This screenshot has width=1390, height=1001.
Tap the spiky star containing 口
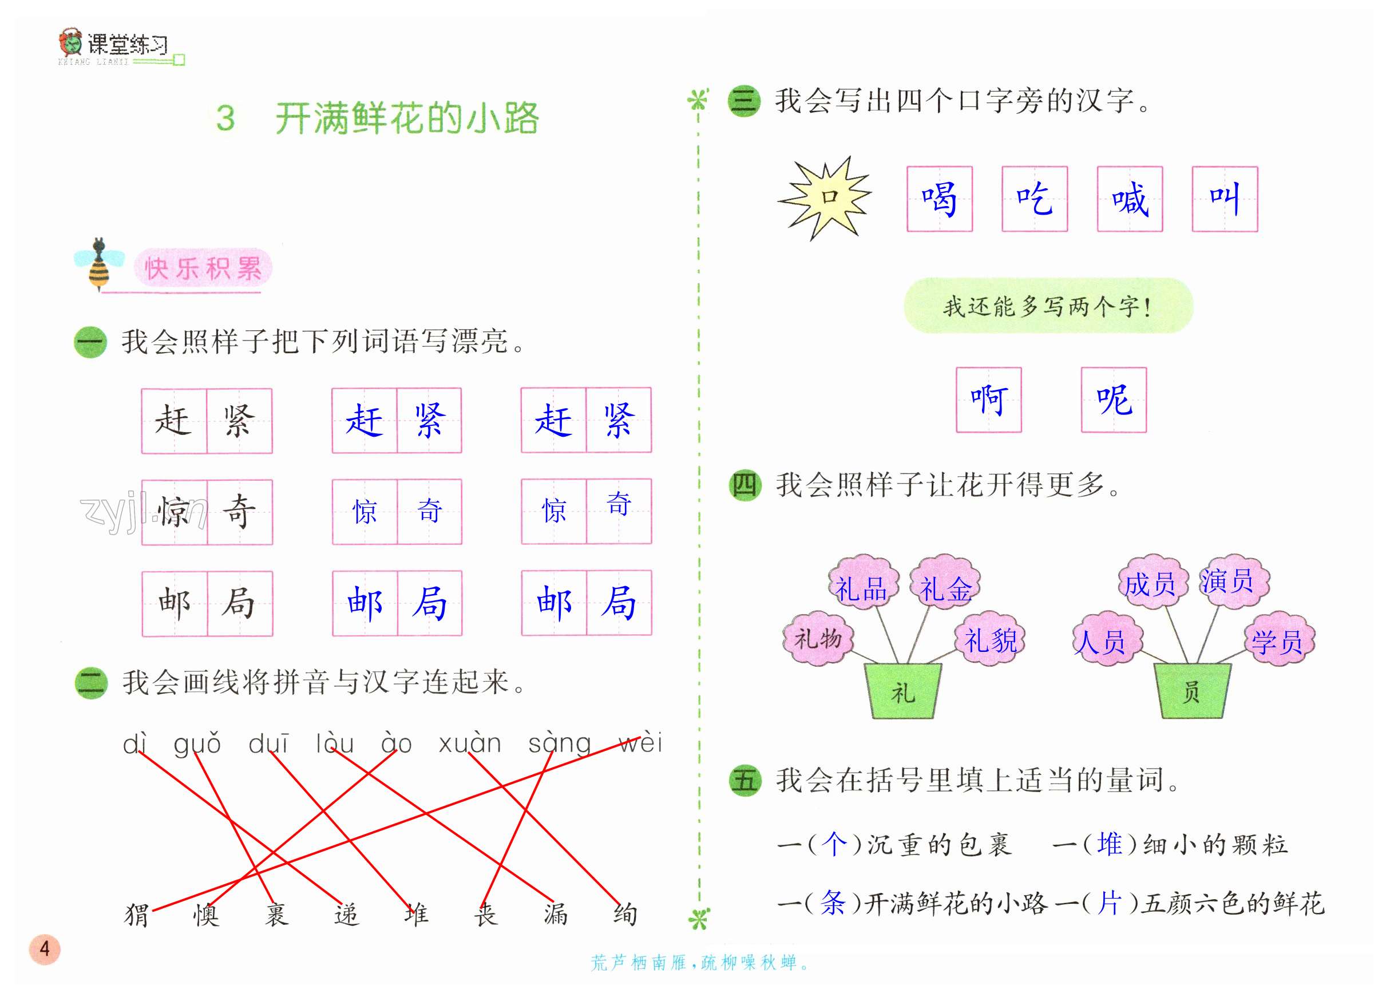click(x=826, y=197)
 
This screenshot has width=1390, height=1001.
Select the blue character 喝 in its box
click(x=939, y=199)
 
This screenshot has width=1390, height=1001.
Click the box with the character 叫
click(x=1225, y=199)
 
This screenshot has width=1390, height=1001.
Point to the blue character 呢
click(x=1114, y=399)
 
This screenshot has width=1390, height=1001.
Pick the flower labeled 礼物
click(x=818, y=639)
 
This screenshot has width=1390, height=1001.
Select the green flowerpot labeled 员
click(x=1191, y=691)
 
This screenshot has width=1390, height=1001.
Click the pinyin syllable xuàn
click(x=470, y=743)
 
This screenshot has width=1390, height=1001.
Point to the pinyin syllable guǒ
click(x=197, y=743)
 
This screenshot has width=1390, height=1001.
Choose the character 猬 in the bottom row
click(x=136, y=915)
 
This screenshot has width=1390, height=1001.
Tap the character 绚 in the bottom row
click(x=625, y=915)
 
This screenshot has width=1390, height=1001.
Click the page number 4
click(x=44, y=949)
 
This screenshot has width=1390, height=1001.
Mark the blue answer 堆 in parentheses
click(x=1109, y=844)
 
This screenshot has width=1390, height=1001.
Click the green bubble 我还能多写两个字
click(x=1048, y=306)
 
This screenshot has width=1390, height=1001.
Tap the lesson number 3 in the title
click(x=225, y=118)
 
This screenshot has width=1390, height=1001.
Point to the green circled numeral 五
click(x=744, y=780)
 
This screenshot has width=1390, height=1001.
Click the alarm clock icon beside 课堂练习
click(x=71, y=43)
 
